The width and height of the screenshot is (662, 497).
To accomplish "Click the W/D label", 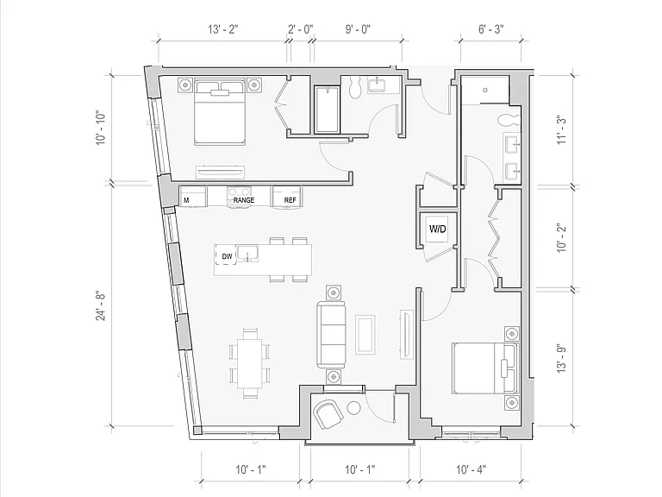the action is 437,229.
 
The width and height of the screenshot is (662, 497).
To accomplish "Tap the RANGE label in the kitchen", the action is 244,200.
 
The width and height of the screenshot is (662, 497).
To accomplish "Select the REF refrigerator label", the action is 290,200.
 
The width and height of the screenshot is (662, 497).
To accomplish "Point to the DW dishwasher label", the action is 228,256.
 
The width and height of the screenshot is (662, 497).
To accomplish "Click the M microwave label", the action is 186,200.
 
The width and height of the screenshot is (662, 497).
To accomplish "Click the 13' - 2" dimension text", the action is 223,29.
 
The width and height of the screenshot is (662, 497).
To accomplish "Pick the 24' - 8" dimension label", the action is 102,305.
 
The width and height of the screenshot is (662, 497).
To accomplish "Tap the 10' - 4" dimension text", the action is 471,469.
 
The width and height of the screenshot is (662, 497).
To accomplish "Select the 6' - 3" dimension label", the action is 491,29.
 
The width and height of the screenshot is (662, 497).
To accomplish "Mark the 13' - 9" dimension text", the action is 561,358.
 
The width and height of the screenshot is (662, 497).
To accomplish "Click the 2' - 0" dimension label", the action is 301,29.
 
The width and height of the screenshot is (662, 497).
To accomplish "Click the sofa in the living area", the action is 331,334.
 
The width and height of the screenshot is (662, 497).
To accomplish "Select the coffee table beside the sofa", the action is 365,334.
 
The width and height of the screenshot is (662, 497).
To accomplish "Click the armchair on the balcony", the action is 328,414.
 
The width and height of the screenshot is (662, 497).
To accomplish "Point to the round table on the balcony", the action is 353,408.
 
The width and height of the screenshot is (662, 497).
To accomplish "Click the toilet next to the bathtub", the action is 353,86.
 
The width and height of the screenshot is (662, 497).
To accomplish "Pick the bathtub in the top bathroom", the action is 328,109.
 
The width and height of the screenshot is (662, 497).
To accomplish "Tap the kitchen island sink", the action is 247,254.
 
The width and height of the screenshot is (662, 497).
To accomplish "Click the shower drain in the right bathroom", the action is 485,90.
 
